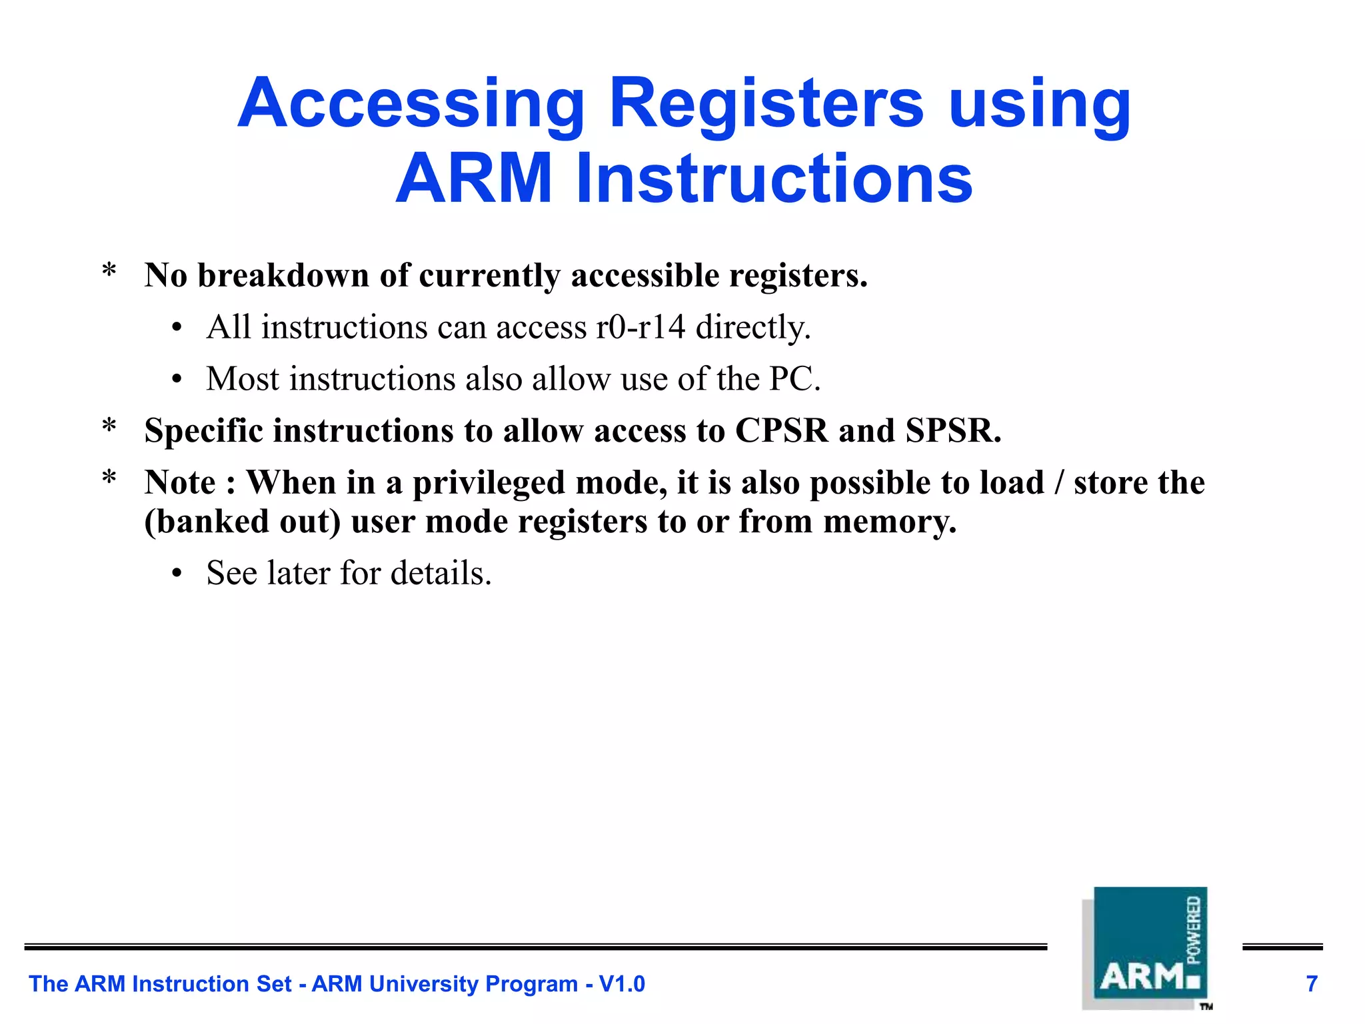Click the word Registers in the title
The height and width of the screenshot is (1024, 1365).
point(766,104)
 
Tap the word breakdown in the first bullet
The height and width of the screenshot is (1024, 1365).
point(283,276)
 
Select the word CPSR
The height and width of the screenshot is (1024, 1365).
point(781,430)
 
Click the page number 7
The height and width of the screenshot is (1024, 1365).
point(1312,984)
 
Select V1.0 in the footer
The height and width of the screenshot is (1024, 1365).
point(622,984)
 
